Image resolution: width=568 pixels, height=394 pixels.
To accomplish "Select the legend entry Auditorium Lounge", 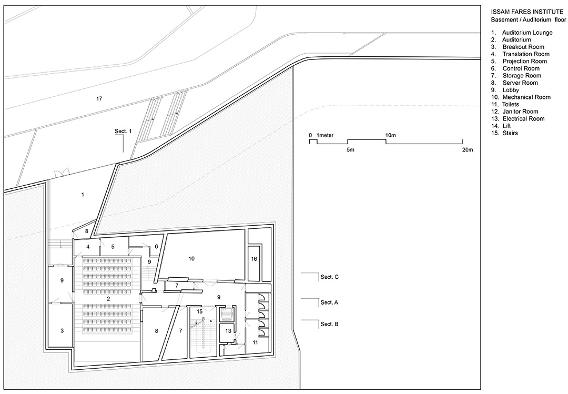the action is point(527,33).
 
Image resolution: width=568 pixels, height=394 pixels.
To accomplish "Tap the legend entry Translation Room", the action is point(525,54).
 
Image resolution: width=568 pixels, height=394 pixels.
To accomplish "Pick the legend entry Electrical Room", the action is point(523,118).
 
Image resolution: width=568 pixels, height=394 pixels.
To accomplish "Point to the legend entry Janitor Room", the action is point(520,112).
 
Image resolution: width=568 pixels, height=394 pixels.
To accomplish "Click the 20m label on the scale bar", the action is point(467,150).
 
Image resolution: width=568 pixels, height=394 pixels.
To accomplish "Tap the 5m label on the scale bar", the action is point(350,150).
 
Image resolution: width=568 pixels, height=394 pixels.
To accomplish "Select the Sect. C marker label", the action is point(329,277).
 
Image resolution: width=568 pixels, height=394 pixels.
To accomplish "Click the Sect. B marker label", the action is point(329,324).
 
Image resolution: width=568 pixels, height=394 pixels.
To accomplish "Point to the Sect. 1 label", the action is point(123,131).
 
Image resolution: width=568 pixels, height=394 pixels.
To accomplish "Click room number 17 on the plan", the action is point(99,98).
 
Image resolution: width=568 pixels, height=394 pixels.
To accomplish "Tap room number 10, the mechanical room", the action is point(191,258).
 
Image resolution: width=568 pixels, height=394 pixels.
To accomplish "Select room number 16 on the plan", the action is point(254,259).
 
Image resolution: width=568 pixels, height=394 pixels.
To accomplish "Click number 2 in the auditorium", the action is point(108,299).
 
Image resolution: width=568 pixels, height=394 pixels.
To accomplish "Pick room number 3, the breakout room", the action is point(62,330).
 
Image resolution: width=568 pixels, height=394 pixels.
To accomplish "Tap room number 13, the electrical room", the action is point(228,331).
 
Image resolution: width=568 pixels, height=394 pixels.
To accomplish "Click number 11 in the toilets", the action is point(256,342).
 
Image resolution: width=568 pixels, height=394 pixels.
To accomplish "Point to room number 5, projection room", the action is point(113,247).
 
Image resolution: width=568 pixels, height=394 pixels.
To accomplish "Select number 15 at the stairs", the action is point(200,311).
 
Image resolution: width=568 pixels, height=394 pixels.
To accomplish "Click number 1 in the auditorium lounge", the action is point(83,195).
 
